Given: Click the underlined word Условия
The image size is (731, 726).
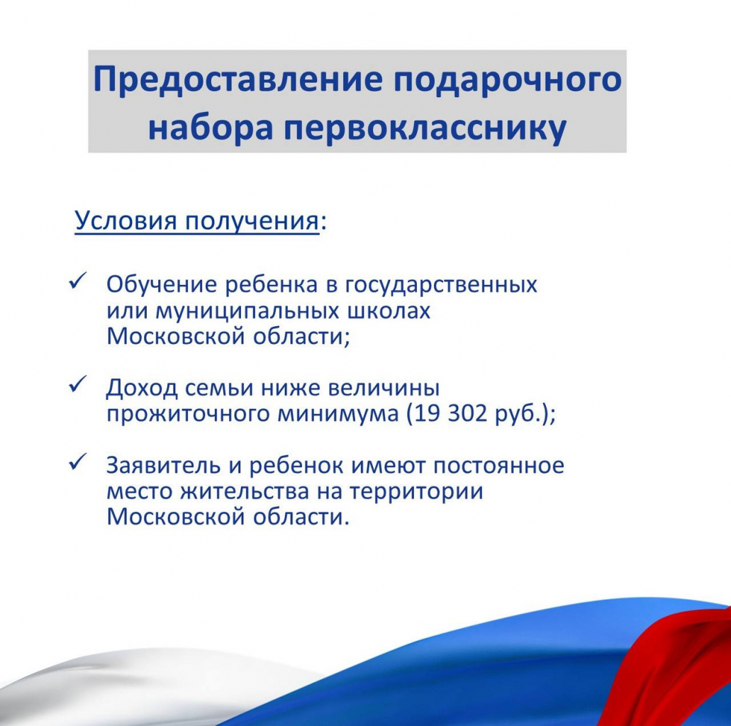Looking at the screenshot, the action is pyautogui.click(x=126, y=220).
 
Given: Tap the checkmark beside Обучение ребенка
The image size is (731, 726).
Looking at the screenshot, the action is pyautogui.click(x=77, y=282).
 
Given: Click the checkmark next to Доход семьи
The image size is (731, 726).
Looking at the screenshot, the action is pyautogui.click(x=77, y=385).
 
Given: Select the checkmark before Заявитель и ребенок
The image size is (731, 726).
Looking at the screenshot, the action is pyautogui.click(x=77, y=462).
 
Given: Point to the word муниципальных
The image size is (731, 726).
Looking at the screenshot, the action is pyautogui.click(x=247, y=311).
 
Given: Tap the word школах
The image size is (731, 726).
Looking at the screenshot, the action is pyautogui.click(x=389, y=311).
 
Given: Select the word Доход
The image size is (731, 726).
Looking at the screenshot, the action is pyautogui.click(x=142, y=389).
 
